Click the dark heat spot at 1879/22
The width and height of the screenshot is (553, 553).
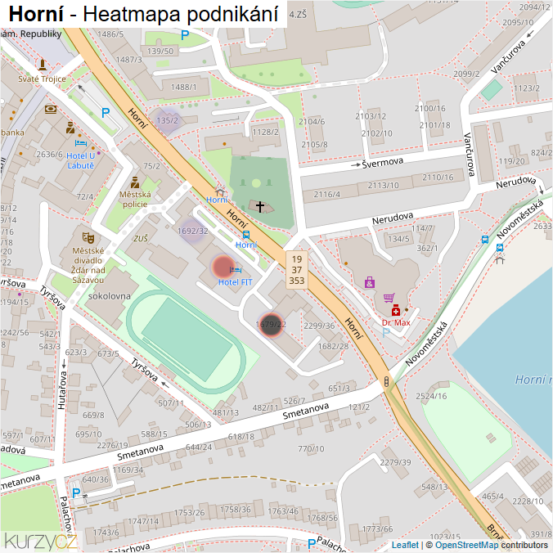[272, 325]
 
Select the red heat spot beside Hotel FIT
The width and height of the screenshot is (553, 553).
[223, 267]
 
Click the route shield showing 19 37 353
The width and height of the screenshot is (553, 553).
[296, 269]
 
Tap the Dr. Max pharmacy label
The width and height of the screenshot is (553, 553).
[396, 322]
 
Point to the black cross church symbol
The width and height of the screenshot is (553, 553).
[260, 207]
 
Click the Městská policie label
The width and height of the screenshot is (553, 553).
[135, 199]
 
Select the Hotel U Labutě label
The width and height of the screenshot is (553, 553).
[80, 160]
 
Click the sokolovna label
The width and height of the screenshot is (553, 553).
[110, 295]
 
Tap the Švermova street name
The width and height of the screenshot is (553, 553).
[384, 162]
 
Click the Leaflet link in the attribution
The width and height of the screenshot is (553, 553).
[405, 545]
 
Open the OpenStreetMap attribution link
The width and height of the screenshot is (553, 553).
[466, 545]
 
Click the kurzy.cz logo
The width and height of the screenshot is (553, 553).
[41, 541]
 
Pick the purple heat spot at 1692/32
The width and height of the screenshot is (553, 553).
[193, 231]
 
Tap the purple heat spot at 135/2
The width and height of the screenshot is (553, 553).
[167, 120]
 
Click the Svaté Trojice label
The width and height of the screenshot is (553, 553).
[41, 79]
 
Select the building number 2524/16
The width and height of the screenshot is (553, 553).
[430, 396]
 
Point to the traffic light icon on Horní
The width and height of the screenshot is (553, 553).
[386, 381]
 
